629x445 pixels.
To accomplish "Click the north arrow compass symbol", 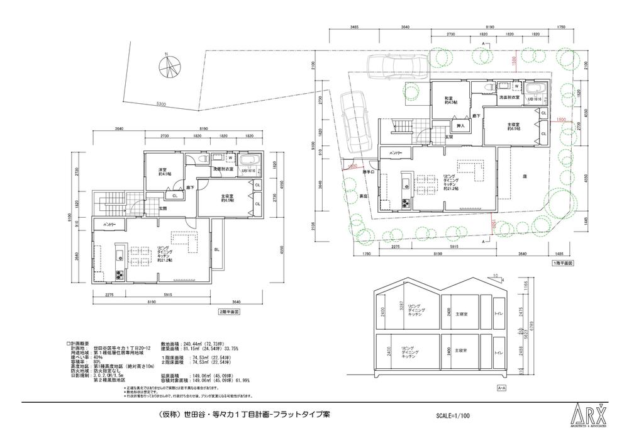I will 170,65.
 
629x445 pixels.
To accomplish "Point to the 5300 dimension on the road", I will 162,104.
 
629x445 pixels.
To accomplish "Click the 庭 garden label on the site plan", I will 523,177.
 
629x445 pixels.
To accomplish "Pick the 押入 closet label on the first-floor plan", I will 460,127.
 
